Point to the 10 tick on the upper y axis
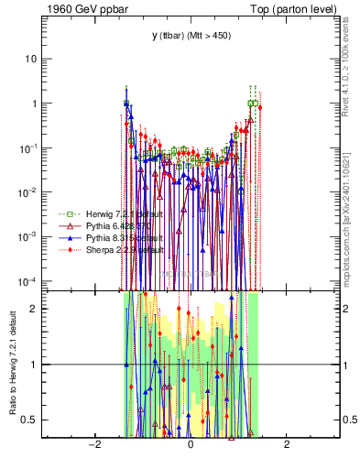point(30,59)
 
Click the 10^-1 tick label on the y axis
point(28,147)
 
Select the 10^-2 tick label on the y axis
point(28,192)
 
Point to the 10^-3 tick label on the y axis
point(28,236)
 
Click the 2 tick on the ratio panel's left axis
point(34,309)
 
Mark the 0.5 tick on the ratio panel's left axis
point(30,420)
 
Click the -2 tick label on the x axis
point(93,446)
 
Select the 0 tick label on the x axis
point(190,446)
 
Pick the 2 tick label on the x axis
point(287,446)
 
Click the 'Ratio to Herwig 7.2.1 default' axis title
point(12,364)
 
